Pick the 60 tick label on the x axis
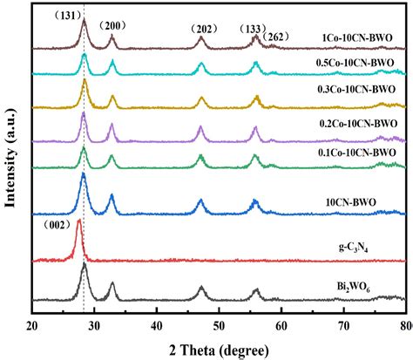[x=281, y=326]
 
